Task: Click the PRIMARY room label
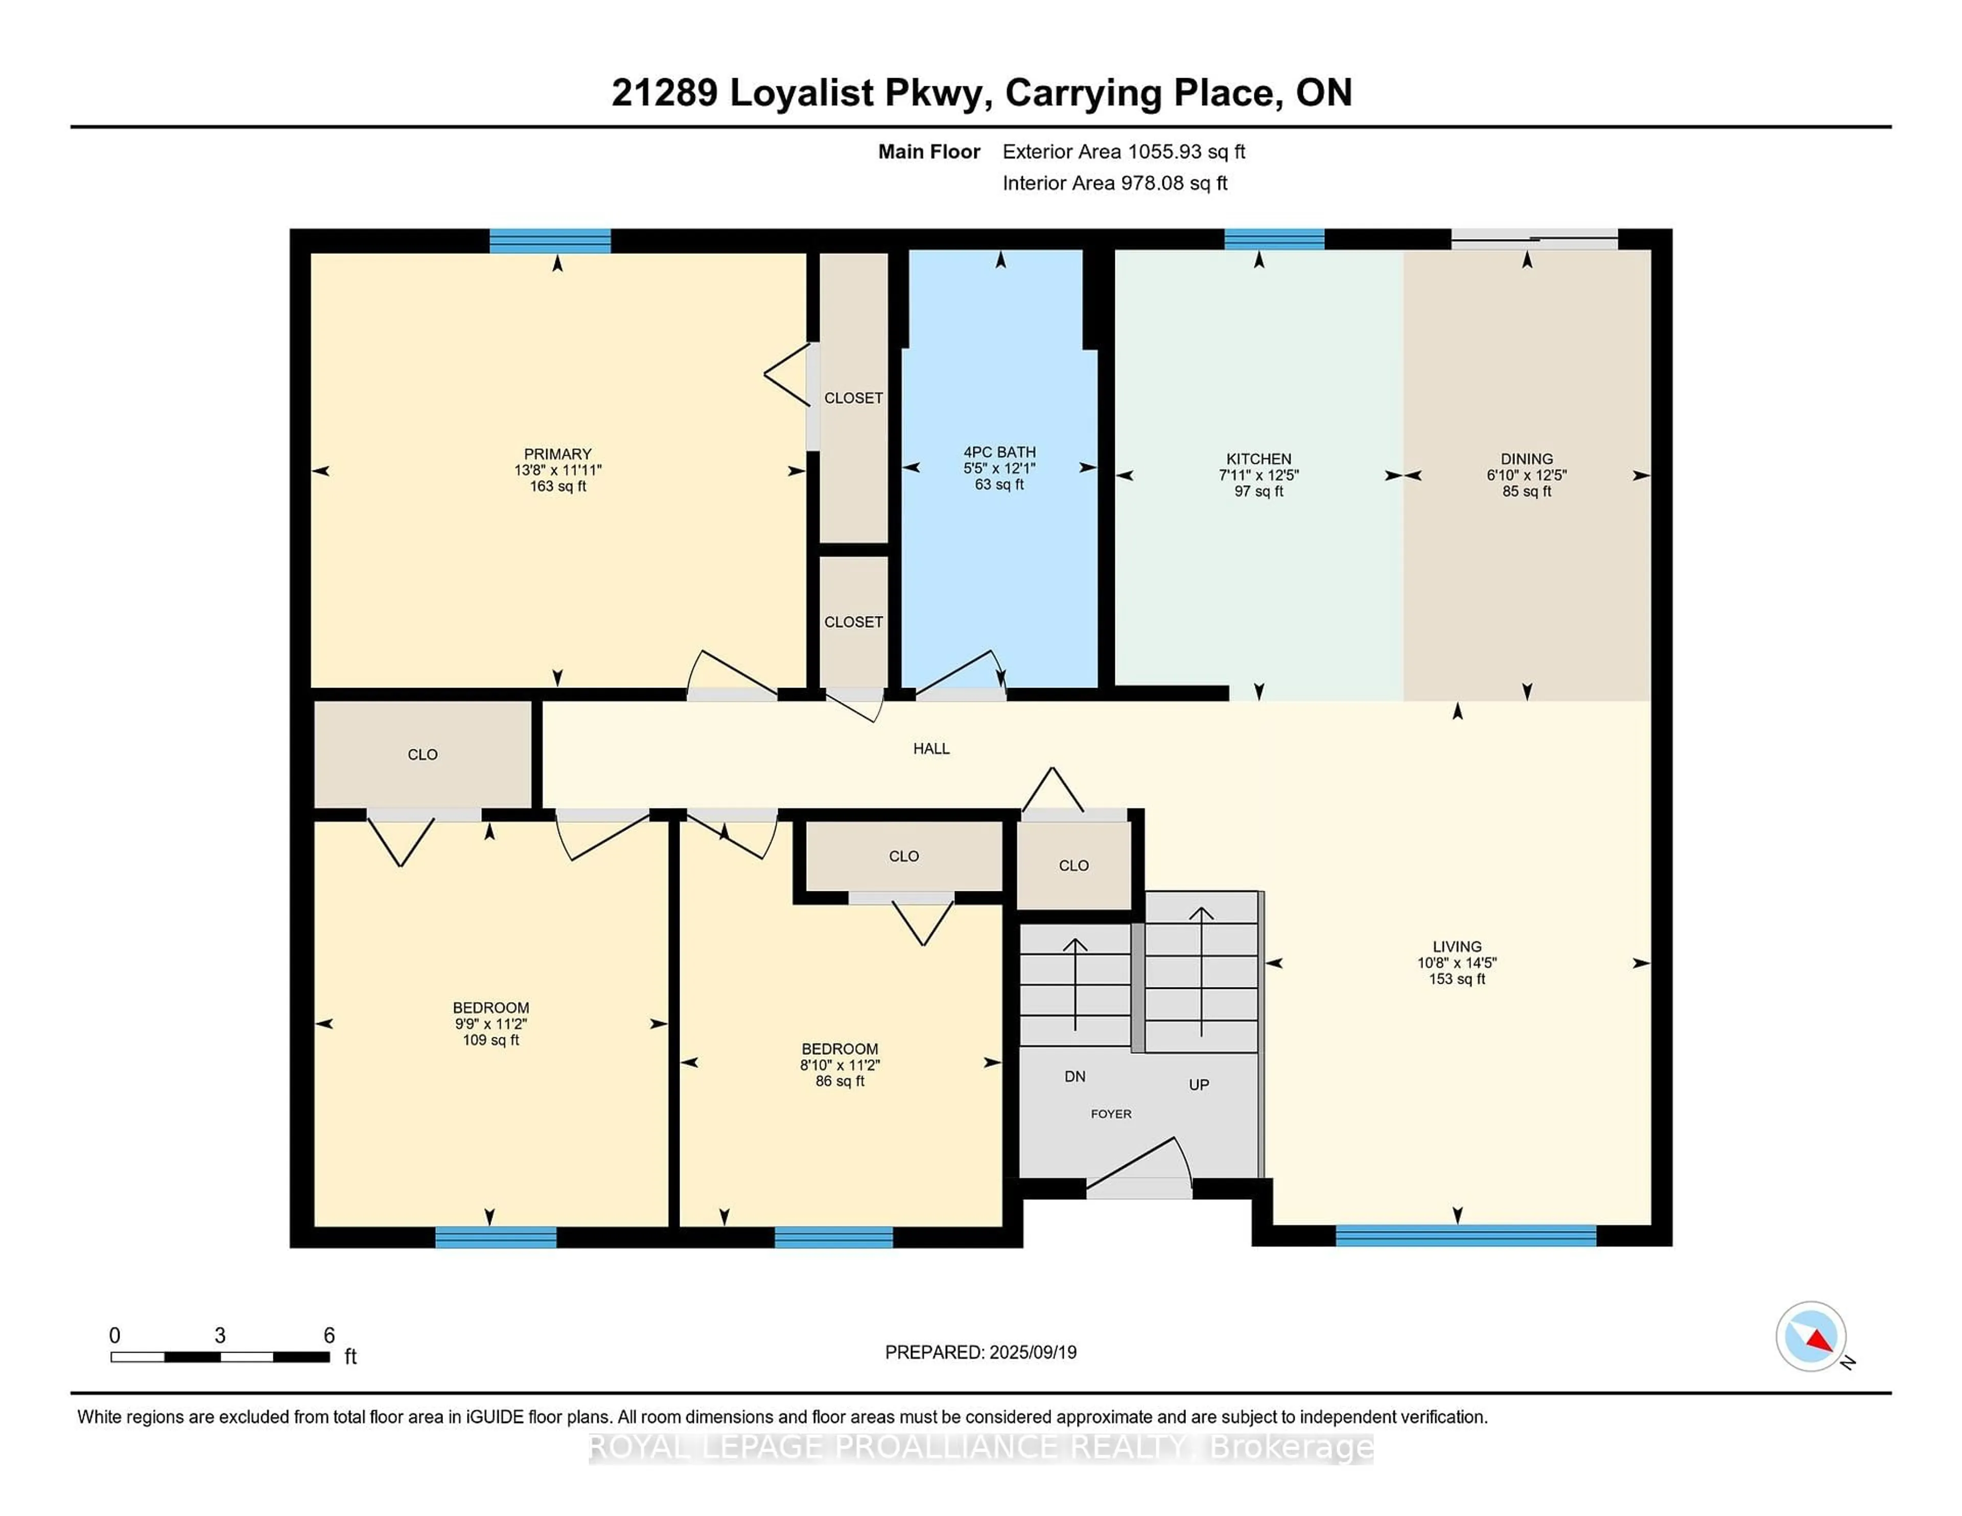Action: pos(558,455)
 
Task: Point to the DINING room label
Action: pos(1526,459)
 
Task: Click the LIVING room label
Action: pos(1457,946)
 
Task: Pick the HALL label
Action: pos(931,748)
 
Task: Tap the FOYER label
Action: pos(1111,1114)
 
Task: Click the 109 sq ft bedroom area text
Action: pos(491,1040)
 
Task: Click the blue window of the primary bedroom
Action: pos(550,241)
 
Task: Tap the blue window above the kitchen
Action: pos(1274,240)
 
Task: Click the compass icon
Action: pos(1811,1336)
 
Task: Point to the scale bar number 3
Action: pos(220,1336)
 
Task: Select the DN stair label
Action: pos(1076,1076)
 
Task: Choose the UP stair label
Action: pos(1199,1085)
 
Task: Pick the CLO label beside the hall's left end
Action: pos(422,754)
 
